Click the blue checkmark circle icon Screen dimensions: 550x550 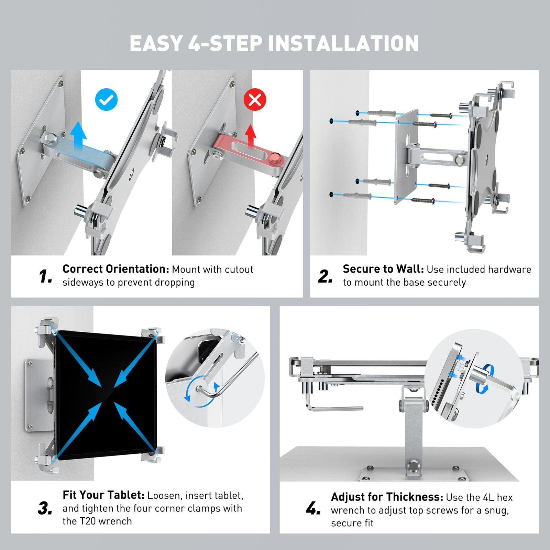point(106,99)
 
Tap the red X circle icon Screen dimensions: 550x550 point(255,99)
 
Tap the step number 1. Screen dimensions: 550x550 point(45,276)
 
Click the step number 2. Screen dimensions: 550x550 point(325,276)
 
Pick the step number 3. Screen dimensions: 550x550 point(45,508)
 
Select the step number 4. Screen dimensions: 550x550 point(313,508)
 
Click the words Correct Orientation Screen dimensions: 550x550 point(116,269)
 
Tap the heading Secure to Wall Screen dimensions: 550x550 point(383,269)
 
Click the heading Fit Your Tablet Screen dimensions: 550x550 point(103,495)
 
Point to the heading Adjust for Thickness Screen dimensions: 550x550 point(387,497)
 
